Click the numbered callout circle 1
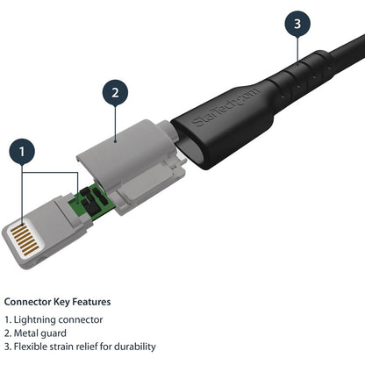[23, 151]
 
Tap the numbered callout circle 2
[115, 91]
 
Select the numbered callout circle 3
[297, 23]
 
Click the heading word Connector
[31, 301]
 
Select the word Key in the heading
[68, 301]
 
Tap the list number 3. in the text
[9, 347]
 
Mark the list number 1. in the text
[9, 320]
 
